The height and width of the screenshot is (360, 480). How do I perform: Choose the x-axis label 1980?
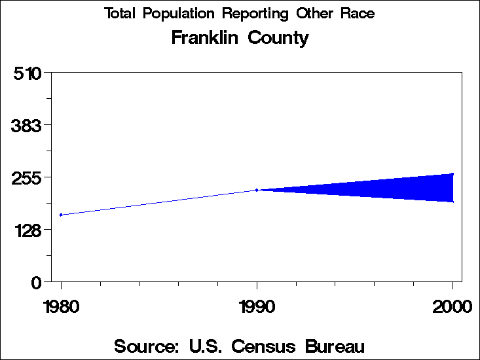point(61,307)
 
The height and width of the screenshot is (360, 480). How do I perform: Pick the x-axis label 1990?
point(257,307)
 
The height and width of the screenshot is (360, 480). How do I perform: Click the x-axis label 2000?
point(452,307)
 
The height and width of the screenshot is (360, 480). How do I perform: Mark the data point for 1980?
point(61,215)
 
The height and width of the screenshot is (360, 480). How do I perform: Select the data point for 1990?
point(257,190)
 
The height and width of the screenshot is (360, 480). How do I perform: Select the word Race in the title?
point(357,14)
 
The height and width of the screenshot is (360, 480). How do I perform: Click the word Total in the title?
point(120,14)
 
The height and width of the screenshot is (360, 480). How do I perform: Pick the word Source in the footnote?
point(146,346)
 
